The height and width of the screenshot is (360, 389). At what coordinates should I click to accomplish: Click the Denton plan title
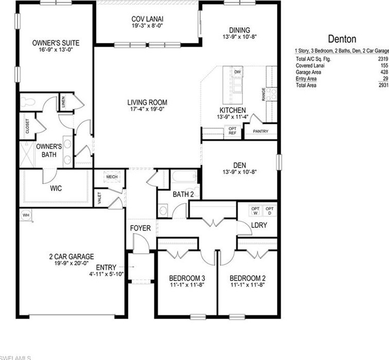coord(341,39)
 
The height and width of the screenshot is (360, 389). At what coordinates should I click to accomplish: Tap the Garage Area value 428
coord(382,72)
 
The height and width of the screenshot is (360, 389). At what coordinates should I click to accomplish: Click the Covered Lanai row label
coord(310,66)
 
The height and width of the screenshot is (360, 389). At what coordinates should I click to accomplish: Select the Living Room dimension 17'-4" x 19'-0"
coord(147,109)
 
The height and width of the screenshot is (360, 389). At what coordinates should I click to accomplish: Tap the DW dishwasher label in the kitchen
coord(237,72)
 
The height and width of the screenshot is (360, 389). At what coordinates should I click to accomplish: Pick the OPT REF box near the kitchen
coord(232,130)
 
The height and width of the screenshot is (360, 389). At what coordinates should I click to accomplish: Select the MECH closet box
coord(112,177)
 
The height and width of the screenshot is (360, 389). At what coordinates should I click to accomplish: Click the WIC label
coord(56,188)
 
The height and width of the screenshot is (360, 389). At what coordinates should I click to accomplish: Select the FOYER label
coord(140,228)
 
